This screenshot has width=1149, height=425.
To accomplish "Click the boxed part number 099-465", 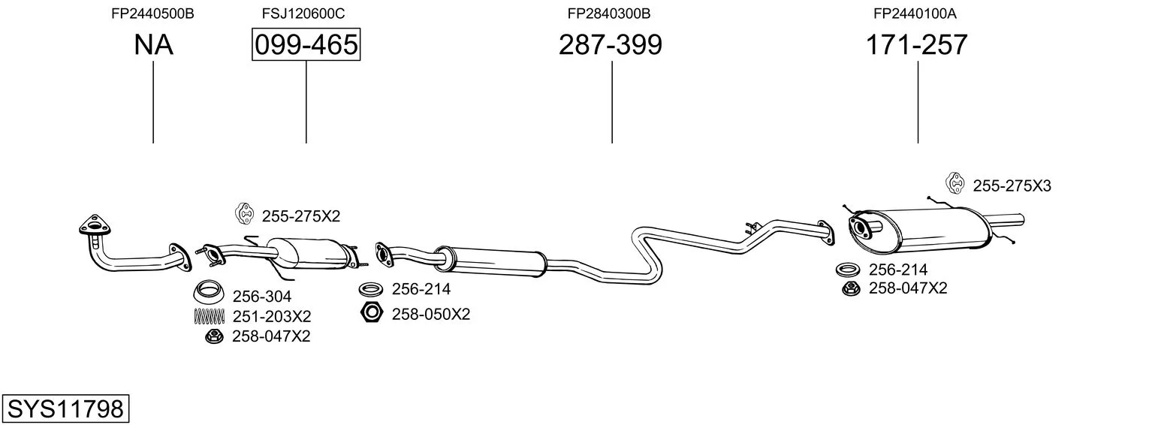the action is click(306, 44).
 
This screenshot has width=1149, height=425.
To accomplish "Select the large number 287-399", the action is click(611, 44).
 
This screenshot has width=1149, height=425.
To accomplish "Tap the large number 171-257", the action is click(917, 44).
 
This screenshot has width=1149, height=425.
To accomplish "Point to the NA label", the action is click(153, 44).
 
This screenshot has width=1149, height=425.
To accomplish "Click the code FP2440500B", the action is click(153, 14).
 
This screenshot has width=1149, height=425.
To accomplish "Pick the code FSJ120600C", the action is click(303, 14).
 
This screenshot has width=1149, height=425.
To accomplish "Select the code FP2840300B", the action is click(609, 14).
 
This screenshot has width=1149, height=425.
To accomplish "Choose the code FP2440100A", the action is click(915, 14).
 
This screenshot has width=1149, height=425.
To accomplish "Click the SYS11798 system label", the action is click(65, 409).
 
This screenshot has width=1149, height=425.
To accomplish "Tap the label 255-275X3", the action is click(1012, 185).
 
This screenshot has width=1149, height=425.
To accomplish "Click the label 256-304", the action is click(262, 297).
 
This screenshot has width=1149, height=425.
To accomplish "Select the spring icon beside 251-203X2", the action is click(210, 317).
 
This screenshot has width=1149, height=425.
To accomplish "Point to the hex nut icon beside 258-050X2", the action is click(372, 312).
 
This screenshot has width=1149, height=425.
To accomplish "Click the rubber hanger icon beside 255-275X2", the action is click(244, 214).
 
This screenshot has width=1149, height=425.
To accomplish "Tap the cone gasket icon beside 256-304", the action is click(208, 293).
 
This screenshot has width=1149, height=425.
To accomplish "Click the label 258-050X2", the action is click(431, 315).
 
